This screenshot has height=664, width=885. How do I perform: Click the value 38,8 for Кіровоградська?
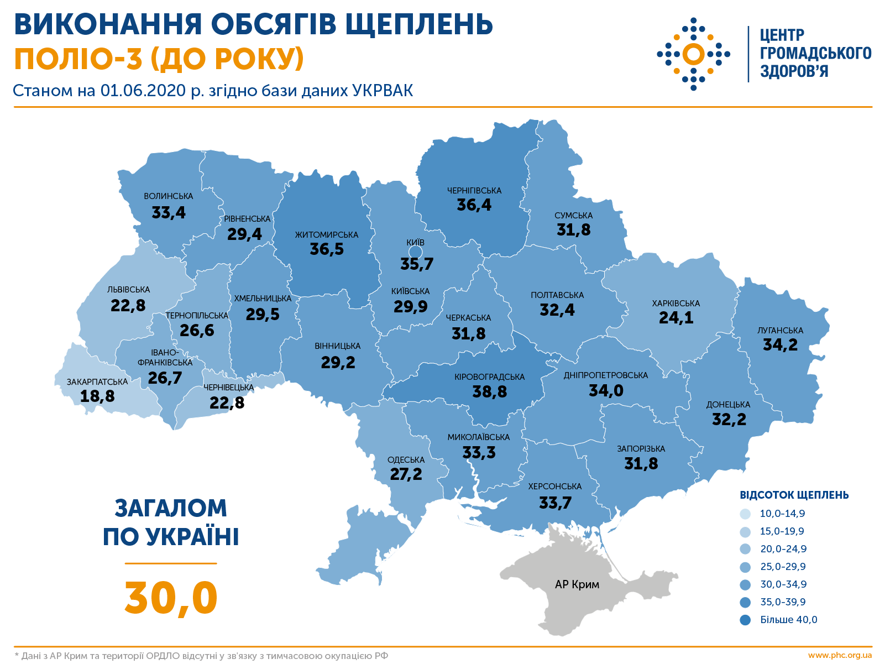tap(489, 392)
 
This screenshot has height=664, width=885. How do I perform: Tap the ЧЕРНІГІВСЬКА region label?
tap(474, 191)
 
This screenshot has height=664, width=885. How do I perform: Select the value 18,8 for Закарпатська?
tap(97, 396)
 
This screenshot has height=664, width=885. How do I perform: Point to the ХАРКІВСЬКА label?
tap(675, 304)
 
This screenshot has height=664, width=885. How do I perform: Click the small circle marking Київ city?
tap(415, 253)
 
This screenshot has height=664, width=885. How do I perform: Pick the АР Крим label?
tap(577, 584)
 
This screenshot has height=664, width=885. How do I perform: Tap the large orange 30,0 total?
tap(171, 598)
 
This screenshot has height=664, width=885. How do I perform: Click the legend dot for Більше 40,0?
tap(745, 620)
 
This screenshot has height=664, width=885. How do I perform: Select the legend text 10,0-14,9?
tap(782, 514)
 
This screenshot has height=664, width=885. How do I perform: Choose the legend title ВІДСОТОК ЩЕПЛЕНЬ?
tap(794, 495)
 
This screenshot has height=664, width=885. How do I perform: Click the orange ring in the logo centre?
tap(693, 54)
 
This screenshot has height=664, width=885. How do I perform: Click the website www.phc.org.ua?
tap(840, 656)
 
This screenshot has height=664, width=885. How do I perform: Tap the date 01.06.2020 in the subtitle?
tap(143, 91)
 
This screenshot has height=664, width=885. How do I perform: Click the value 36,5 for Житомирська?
tap(327, 249)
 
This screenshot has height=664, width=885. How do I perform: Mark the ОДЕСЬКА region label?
tap(406, 460)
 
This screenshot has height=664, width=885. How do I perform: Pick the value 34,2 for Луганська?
tap(780, 345)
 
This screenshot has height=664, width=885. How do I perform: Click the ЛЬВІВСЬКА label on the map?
tap(128, 290)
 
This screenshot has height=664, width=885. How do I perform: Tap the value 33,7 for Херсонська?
tap(555, 503)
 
